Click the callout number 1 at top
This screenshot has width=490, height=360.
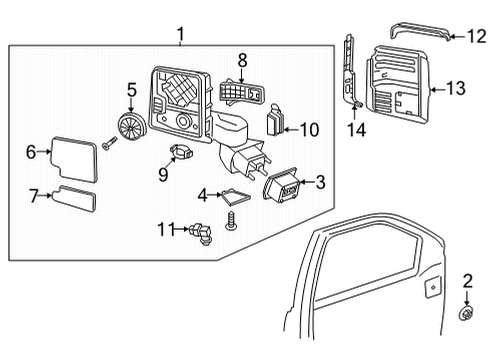pyautogui.click(x=180, y=36)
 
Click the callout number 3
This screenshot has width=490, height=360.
pyautogui.click(x=320, y=182)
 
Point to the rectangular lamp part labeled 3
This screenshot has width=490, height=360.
pyautogui.click(x=283, y=187)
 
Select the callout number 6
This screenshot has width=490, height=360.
pyautogui.click(x=31, y=151)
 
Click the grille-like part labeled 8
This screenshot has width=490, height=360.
pyautogui.click(x=239, y=92)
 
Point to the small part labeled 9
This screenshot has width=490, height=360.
pyautogui.click(x=181, y=152)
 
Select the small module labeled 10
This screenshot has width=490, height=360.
pyautogui.click(x=277, y=121)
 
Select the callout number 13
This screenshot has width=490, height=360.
pyautogui.click(x=455, y=88)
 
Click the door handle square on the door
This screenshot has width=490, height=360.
pyautogui.click(x=431, y=288)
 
